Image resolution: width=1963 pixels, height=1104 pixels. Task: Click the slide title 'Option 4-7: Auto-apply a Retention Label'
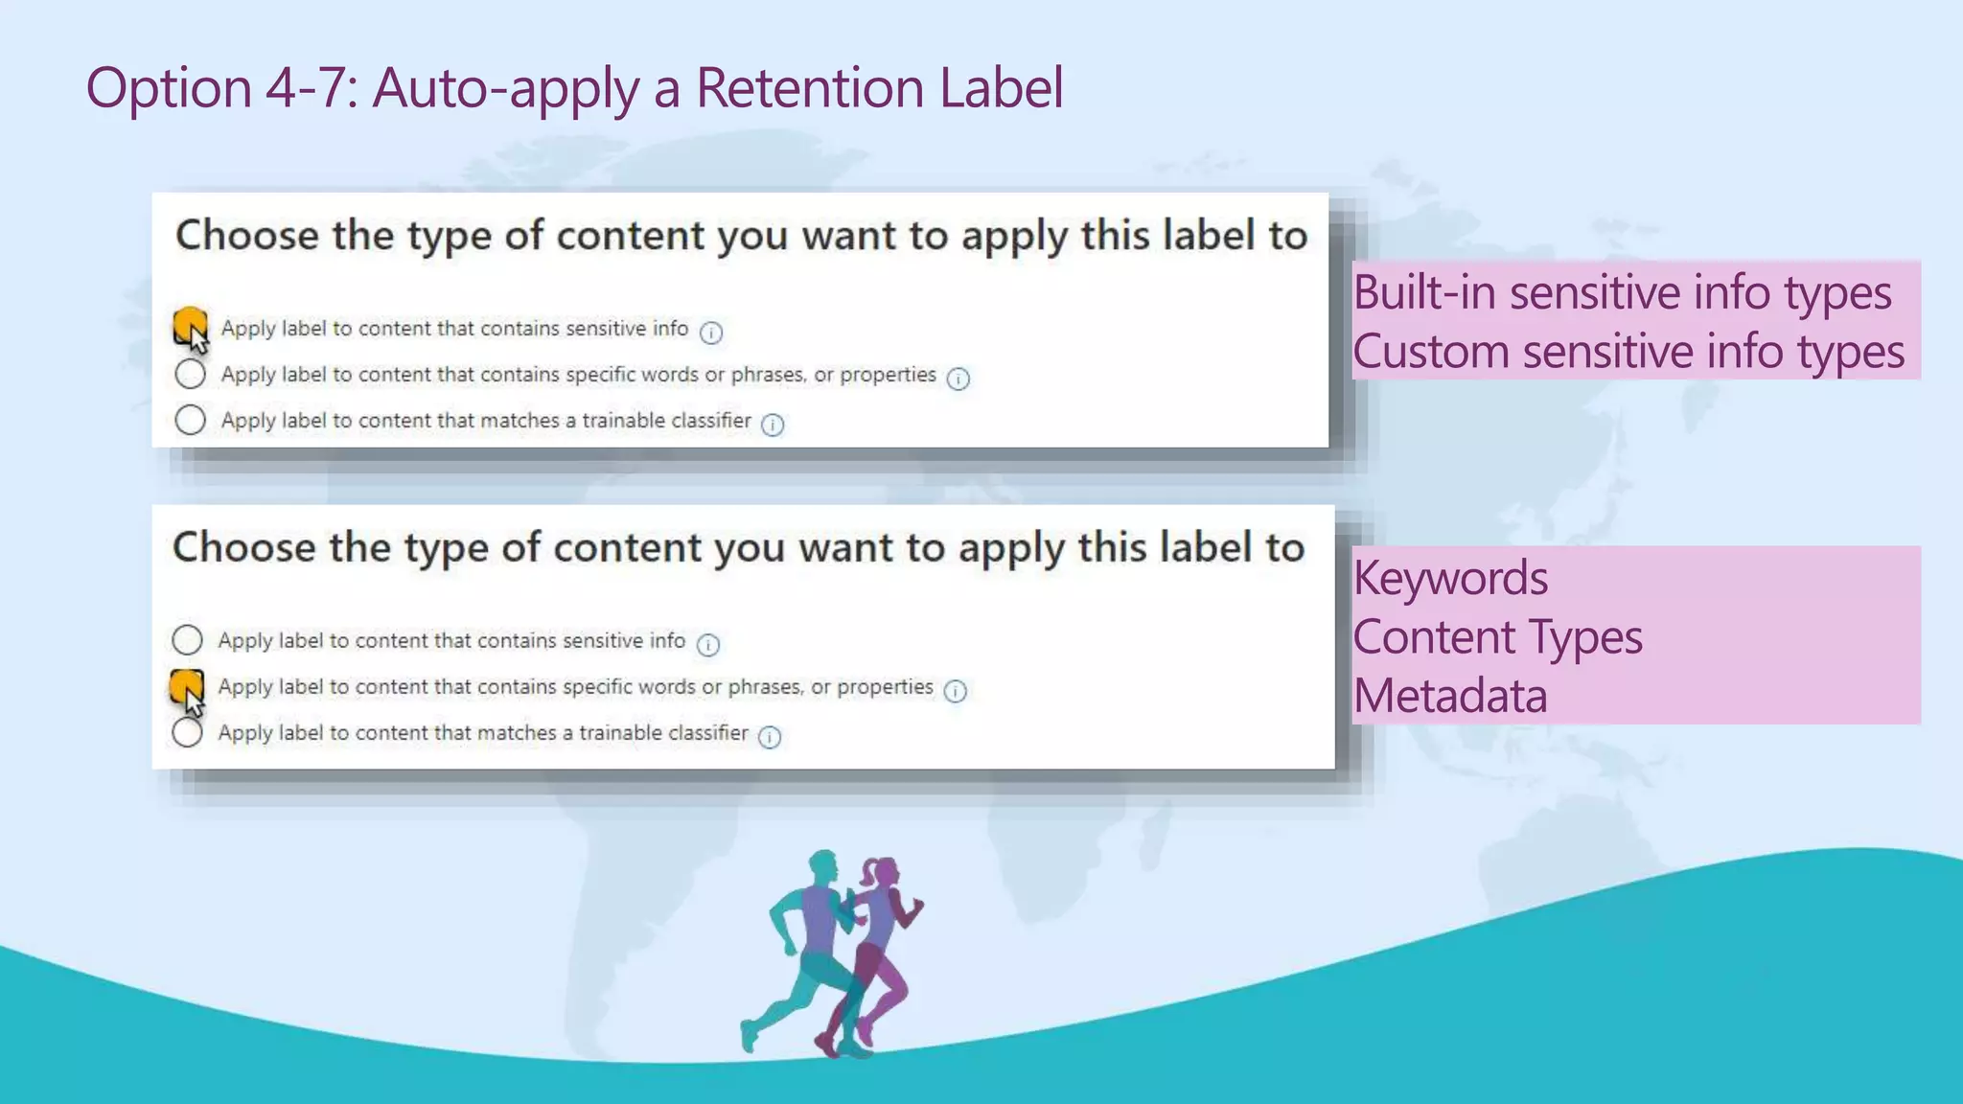pos(574,88)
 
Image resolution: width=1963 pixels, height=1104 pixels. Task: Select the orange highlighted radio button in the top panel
pos(190,324)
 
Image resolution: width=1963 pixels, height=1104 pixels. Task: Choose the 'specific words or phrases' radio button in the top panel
pos(190,374)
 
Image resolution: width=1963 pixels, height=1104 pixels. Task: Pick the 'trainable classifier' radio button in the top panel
pos(190,420)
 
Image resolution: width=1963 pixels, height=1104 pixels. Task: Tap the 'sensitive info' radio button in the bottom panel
pos(187,639)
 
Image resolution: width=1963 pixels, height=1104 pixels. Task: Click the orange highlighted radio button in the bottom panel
pos(186,685)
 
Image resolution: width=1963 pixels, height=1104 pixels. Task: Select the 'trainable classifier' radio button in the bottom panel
pos(187,733)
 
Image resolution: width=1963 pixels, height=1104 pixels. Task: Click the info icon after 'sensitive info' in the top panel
pos(710,333)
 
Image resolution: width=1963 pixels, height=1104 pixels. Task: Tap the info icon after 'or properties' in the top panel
pos(958,379)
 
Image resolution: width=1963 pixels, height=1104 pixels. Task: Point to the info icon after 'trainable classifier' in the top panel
pos(773,425)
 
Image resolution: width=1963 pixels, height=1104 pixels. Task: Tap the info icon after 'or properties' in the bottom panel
pos(955,691)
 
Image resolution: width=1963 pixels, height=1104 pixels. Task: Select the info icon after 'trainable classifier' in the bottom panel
pos(770,737)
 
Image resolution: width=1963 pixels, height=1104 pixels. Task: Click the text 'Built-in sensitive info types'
pos(1622,292)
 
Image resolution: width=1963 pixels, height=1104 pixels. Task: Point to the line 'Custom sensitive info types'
pos(1628,352)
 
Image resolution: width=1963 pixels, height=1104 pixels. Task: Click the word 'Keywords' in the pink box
pos(1450,578)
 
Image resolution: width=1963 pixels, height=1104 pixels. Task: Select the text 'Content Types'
pos(1497,637)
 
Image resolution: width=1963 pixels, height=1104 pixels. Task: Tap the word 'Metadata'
pos(1450,696)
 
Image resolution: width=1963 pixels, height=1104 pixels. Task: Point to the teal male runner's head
pos(822,865)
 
